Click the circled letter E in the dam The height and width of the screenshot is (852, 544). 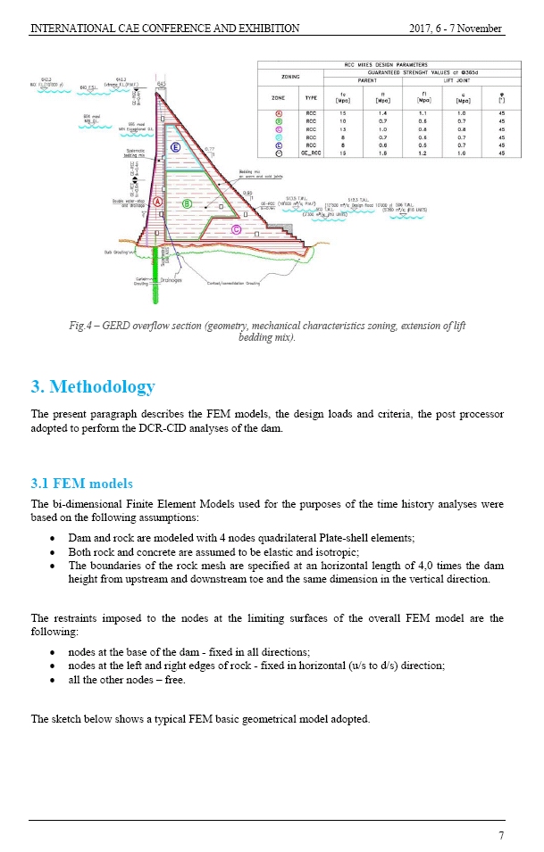pos(176,147)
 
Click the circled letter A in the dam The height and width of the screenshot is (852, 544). pos(157,203)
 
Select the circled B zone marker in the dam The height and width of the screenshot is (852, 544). pos(187,203)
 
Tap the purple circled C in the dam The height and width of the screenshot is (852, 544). pos(236,229)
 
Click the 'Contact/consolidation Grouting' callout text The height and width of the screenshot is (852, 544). pos(233,283)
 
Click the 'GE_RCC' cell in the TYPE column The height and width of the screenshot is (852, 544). pos(312,153)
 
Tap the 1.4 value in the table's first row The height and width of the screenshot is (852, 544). pos(384,113)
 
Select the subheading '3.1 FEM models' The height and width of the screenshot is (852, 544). pos(81,484)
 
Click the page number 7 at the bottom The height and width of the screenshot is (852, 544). pos(500,835)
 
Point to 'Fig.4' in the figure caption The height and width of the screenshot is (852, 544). pos(82,326)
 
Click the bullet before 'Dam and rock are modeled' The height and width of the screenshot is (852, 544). pos(56,539)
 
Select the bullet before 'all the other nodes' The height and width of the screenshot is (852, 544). pos(56,682)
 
